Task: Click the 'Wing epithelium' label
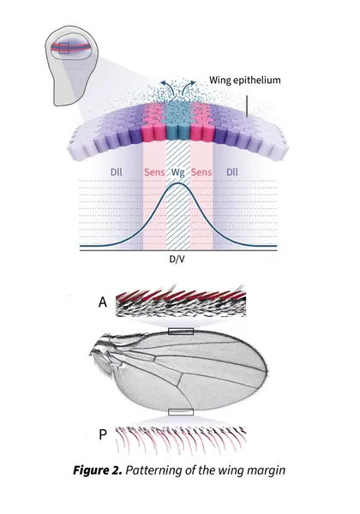pos(245,81)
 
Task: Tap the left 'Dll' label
pos(117,172)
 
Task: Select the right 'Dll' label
pos(232,172)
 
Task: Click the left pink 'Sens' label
pos(154,172)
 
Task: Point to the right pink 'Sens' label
pos(201,172)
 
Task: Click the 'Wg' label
pos(177,173)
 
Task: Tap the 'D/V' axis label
pos(177,260)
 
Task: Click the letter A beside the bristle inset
pos(103,302)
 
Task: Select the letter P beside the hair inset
pos(103,434)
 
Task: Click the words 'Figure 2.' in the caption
pos(98,470)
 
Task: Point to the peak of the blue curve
pos(178,183)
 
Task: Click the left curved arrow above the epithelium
pos(166,87)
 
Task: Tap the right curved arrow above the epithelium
pos(189,87)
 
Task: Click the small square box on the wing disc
pos(63,48)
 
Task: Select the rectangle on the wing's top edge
pos(181,332)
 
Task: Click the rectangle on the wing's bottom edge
pos(181,412)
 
